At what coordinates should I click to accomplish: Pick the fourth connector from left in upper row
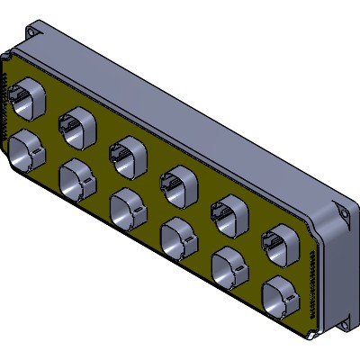[x=176, y=184]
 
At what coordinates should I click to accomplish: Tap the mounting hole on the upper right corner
[x=343, y=212]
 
